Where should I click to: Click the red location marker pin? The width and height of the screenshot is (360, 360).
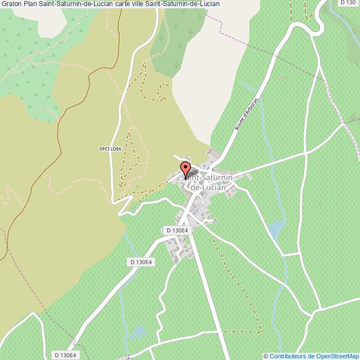pyautogui.click(x=186, y=168)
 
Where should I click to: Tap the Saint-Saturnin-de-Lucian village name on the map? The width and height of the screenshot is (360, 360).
pyautogui.click(x=208, y=182)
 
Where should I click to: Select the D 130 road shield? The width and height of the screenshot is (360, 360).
pyautogui.click(x=348, y=3)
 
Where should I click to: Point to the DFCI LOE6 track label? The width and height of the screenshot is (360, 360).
pyautogui.click(x=110, y=148)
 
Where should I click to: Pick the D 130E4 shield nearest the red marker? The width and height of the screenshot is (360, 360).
pyautogui.click(x=177, y=230)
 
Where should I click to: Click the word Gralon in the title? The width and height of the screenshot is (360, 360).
pyautogui.click(x=11, y=3)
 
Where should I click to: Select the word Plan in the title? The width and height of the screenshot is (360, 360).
pyautogui.click(x=30, y=3)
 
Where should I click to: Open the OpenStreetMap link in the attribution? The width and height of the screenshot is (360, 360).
pyautogui.click(x=337, y=356)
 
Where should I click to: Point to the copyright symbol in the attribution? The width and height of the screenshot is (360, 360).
pyautogui.click(x=266, y=356)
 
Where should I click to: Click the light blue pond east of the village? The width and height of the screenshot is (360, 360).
pyautogui.click(x=275, y=228)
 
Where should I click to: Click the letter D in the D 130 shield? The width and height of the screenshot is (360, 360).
pyautogui.click(x=343, y=3)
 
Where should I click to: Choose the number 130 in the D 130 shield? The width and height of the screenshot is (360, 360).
pyautogui.click(x=350, y=3)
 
